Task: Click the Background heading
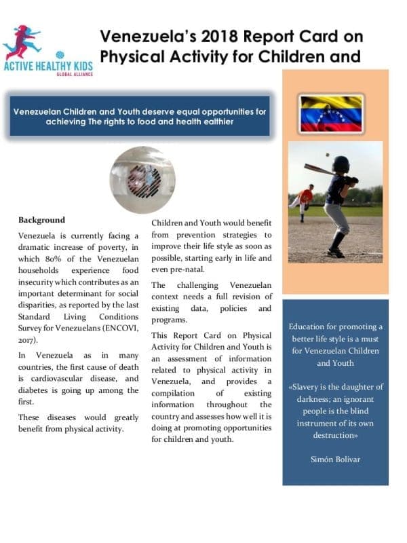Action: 41,220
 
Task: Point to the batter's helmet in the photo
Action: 341,164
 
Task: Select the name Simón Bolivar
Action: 334,459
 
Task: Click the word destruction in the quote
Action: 334,436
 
